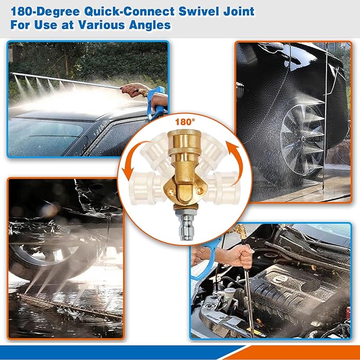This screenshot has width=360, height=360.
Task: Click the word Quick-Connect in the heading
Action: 129,12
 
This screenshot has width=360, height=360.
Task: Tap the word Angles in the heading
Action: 150,25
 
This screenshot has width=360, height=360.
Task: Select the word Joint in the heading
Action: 239,12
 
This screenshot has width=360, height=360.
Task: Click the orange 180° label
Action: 185,122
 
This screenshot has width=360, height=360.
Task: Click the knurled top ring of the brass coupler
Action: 185,133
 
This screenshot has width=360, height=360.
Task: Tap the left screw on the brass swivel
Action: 170,191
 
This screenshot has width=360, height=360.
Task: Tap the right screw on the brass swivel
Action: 200,190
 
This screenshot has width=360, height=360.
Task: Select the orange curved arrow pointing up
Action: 236,161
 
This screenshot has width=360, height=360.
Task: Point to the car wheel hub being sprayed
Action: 303,139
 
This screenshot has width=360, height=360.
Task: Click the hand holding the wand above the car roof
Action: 134,90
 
